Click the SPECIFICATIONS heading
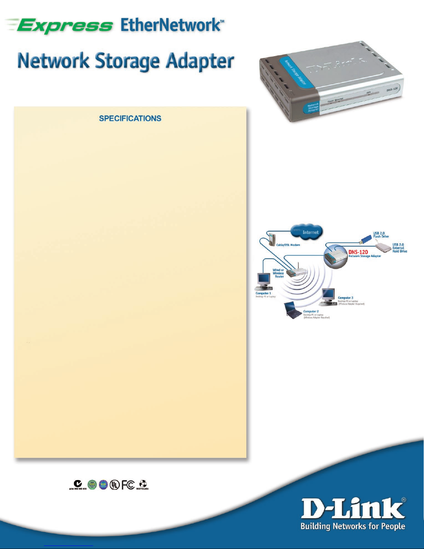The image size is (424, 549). click(x=130, y=118)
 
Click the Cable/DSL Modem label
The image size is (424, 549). click(x=288, y=245)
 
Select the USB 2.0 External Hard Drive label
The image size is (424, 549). click(x=399, y=248)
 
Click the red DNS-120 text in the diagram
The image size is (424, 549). click(x=358, y=252)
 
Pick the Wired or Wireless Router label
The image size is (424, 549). click(x=278, y=273)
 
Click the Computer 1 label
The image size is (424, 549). click(x=263, y=293)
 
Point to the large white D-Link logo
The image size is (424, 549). click(x=353, y=509)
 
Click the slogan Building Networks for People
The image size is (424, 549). click(x=353, y=527)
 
